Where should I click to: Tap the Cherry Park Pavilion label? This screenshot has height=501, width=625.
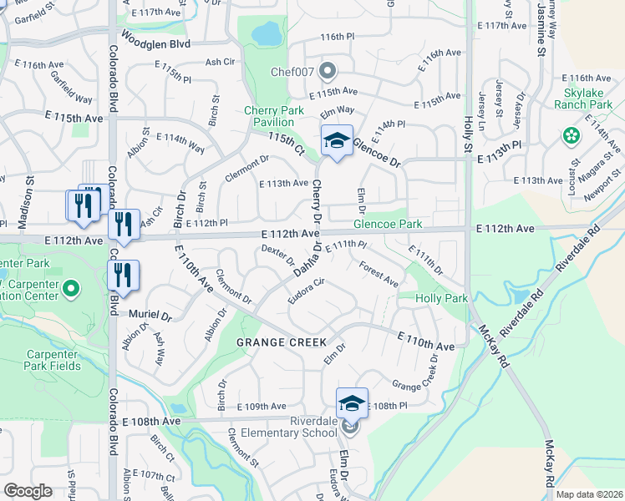coord(275,116)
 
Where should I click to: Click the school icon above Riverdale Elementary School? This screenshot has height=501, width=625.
coord(353,404)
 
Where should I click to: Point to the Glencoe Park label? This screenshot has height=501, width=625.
coord(388,225)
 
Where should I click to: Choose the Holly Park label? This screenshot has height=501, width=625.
coord(442,298)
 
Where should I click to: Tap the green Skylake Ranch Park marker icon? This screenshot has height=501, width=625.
coord(572,134)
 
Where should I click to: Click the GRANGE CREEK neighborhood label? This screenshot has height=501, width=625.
coord(281,342)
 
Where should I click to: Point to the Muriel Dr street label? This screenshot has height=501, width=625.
coord(150,316)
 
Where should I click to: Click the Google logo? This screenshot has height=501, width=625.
coord(28,491)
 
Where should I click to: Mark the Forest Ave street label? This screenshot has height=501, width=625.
coord(379,275)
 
